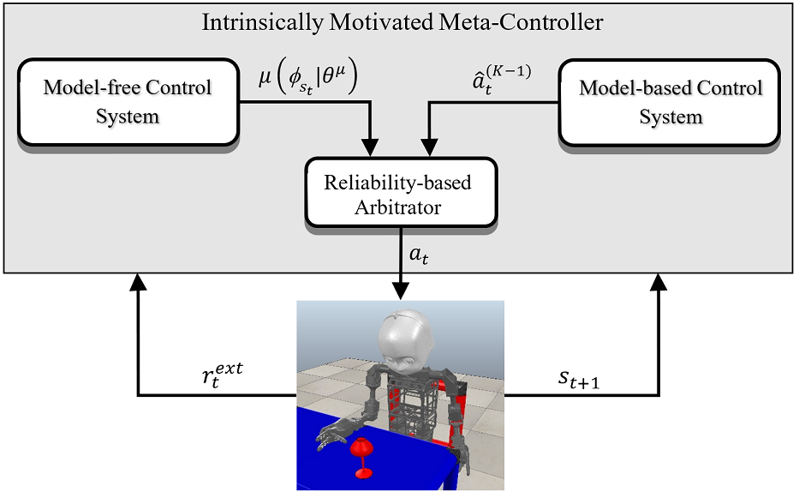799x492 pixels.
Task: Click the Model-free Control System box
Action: pyautogui.click(x=128, y=102)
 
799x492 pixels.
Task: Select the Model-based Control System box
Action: pyautogui.click(x=670, y=103)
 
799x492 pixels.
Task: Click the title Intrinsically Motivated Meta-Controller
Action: pyautogui.click(x=402, y=22)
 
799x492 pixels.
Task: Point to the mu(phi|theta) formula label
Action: pyautogui.click(x=307, y=78)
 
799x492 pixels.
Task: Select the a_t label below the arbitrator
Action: pyautogui.click(x=419, y=255)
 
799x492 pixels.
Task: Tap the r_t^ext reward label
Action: pyautogui.click(x=222, y=375)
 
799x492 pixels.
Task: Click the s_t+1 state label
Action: pyautogui.click(x=579, y=380)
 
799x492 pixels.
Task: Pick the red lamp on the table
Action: pyautogui.click(x=361, y=458)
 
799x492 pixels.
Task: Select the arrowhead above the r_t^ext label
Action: pyautogui.click(x=138, y=283)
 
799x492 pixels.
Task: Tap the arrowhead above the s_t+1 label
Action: pyautogui.click(x=659, y=283)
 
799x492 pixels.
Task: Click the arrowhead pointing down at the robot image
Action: pyautogui.click(x=401, y=291)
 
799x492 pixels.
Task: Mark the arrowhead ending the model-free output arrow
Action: pyautogui.click(x=372, y=147)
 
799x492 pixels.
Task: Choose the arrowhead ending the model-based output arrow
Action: pyautogui.click(x=430, y=147)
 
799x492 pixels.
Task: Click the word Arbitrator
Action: pyautogui.click(x=398, y=207)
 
